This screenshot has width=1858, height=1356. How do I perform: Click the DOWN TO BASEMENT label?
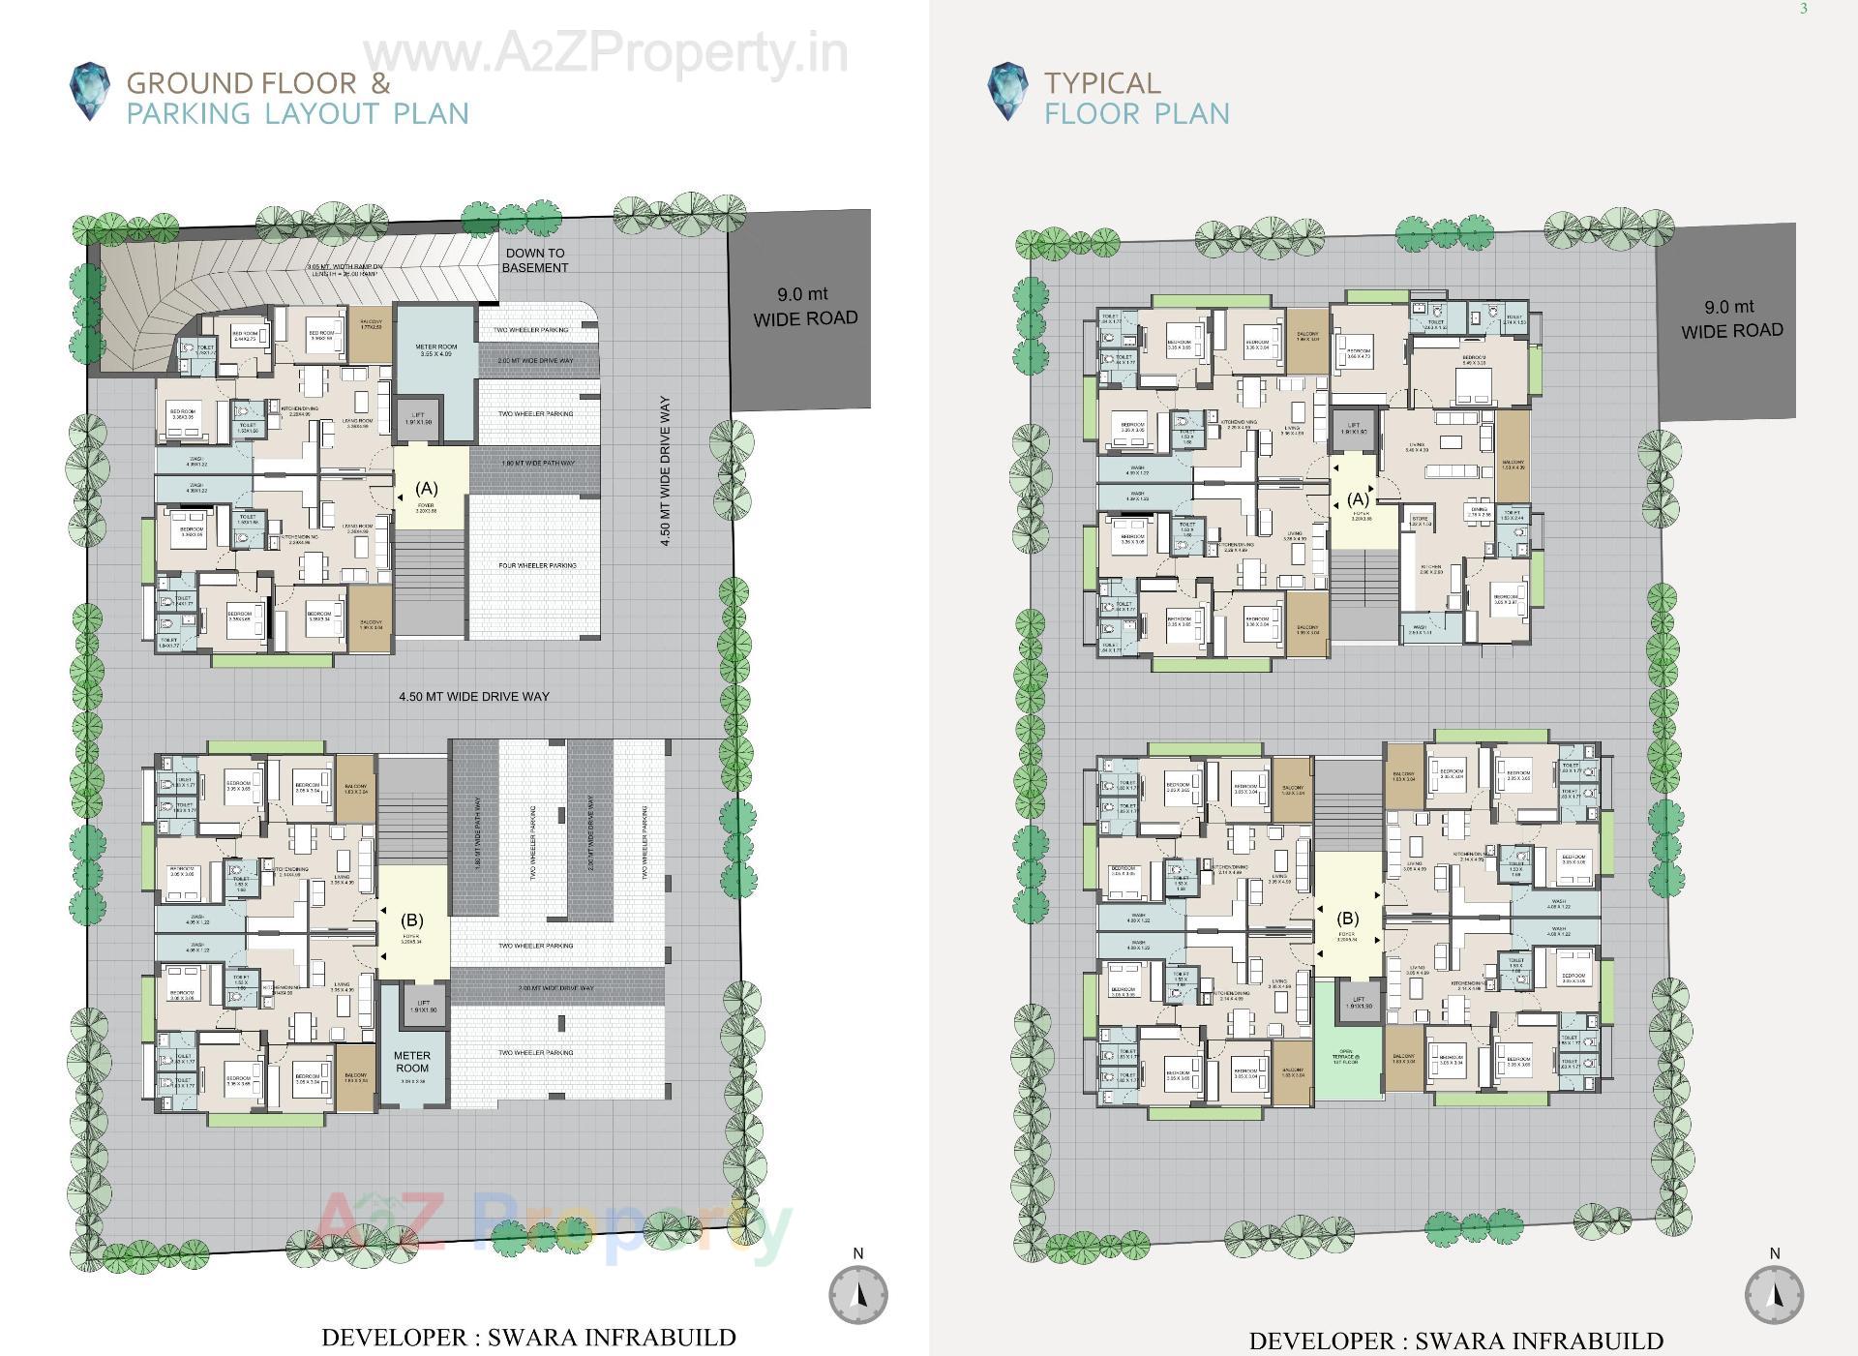[535, 260]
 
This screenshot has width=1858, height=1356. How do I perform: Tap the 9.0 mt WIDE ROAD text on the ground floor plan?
[805, 306]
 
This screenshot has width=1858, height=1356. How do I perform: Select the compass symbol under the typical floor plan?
[1774, 1295]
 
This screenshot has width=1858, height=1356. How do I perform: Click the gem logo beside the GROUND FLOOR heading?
[90, 92]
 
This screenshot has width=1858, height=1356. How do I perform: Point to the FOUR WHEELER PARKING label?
[537, 565]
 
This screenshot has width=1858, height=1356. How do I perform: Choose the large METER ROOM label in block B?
[412, 1062]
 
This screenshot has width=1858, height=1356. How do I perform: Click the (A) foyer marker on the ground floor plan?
[427, 489]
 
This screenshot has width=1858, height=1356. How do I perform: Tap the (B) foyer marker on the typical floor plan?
[1347, 919]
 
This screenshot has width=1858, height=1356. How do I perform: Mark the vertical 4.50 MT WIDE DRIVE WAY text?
[666, 471]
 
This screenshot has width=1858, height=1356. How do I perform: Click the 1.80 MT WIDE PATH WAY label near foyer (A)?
[537, 464]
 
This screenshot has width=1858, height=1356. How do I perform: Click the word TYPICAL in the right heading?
[1101, 83]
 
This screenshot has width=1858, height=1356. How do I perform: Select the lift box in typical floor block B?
[1359, 1004]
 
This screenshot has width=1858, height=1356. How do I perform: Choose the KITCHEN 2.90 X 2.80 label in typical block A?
[1430, 569]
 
